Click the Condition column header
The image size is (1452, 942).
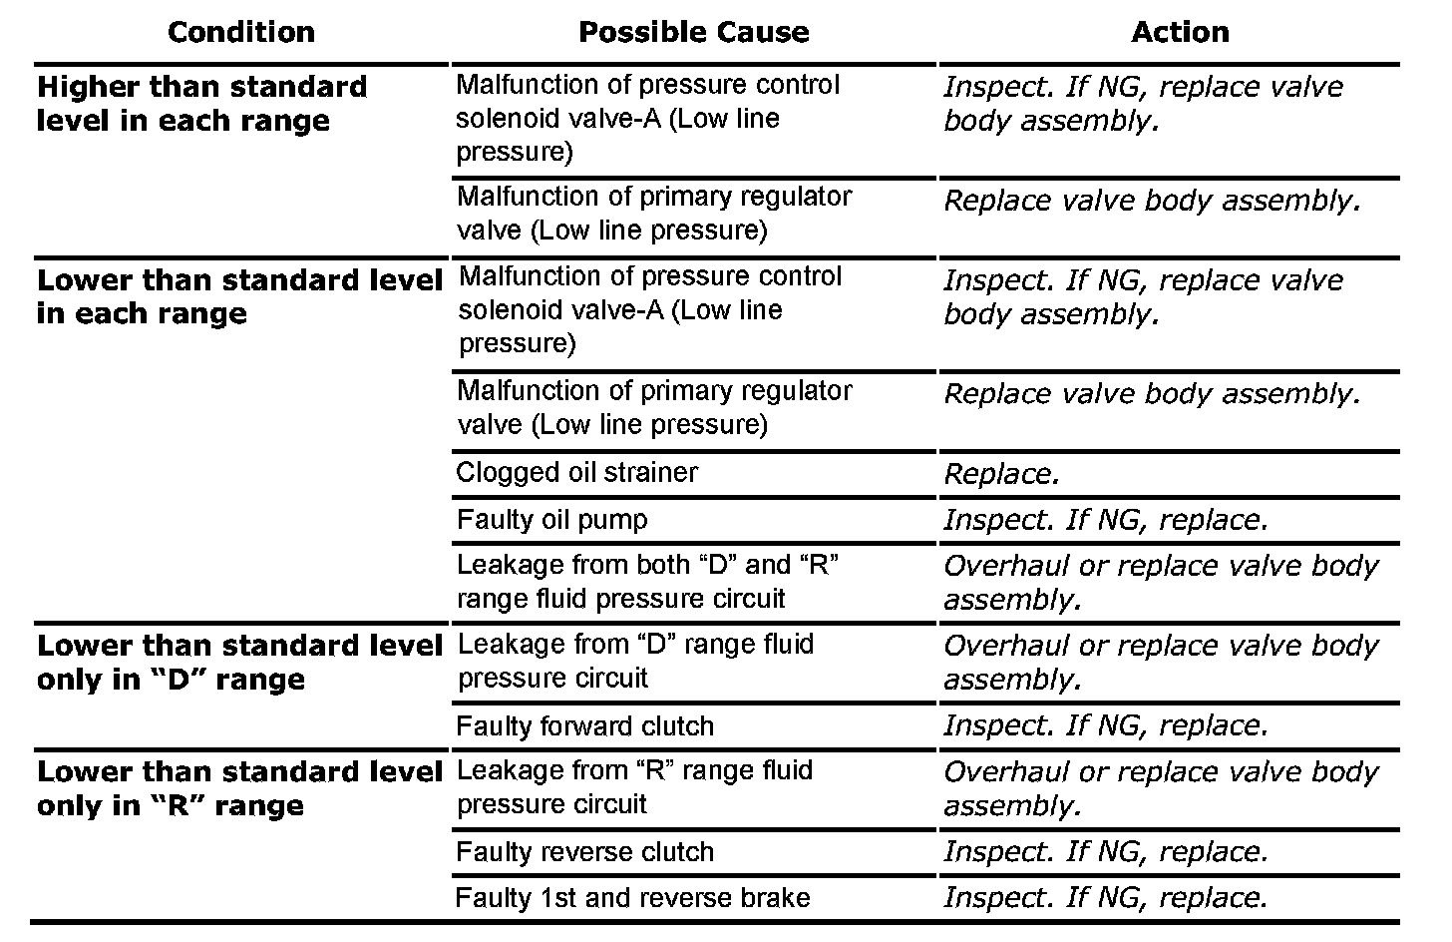tap(240, 32)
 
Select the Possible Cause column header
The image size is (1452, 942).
tap(693, 32)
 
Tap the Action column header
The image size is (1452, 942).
tap(1179, 32)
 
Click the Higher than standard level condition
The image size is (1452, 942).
tap(201, 104)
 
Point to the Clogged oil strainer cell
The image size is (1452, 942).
tap(576, 472)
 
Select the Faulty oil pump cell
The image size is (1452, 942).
tap(551, 519)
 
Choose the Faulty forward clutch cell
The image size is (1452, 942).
tap(584, 725)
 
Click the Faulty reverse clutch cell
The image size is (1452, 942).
tap(584, 851)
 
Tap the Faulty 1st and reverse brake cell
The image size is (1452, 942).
tap(632, 897)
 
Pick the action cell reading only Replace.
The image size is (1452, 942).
tap(1001, 474)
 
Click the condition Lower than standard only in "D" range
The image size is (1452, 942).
tap(239, 663)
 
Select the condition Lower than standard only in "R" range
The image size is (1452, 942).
tap(239, 788)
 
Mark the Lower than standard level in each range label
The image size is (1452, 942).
tap(239, 296)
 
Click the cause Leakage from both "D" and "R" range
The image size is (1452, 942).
tap(647, 581)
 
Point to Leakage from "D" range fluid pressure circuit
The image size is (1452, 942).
tap(635, 661)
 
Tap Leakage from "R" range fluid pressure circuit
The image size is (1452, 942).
tap(634, 786)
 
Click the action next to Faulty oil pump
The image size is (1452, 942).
tap(1105, 520)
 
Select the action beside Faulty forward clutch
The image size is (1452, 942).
tap(1105, 725)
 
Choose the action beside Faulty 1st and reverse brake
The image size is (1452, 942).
tap(1105, 897)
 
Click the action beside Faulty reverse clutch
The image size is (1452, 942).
tap(1105, 851)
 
